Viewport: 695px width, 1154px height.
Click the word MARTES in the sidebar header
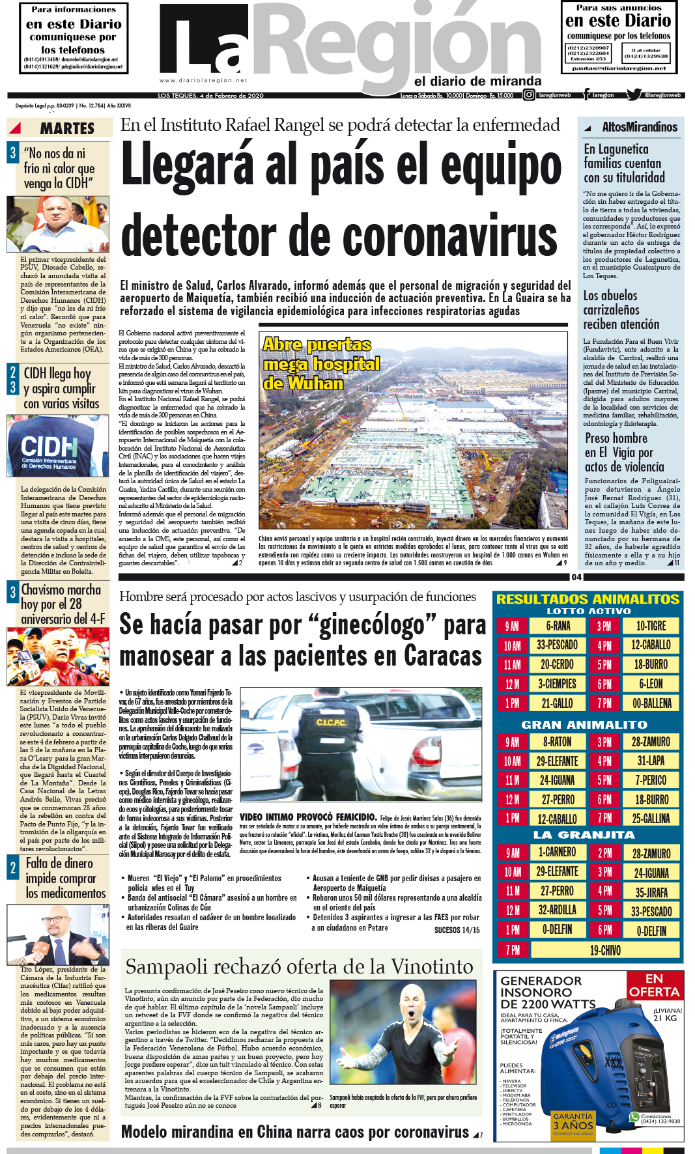(x=67, y=128)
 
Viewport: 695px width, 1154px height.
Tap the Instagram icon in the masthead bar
(x=529, y=95)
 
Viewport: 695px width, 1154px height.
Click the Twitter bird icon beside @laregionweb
(x=633, y=95)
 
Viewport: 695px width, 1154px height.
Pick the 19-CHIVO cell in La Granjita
(x=605, y=950)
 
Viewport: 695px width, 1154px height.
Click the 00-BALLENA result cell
(x=651, y=703)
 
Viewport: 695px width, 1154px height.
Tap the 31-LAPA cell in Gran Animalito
(x=651, y=761)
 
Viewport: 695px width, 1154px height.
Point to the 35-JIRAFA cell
(x=651, y=892)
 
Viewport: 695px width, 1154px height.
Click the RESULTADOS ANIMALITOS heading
(x=588, y=599)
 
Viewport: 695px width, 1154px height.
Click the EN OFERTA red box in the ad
(x=654, y=985)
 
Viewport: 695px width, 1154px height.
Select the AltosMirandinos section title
(x=639, y=127)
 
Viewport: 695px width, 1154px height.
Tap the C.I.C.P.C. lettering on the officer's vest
(x=330, y=722)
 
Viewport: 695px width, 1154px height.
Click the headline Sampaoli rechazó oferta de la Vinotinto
(x=299, y=966)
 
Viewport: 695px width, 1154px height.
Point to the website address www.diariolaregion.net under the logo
(x=203, y=81)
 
